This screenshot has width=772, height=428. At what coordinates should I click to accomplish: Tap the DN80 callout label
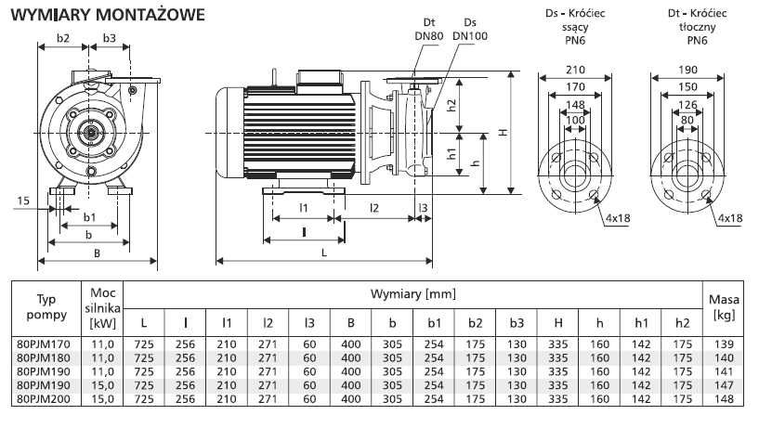[x=429, y=36]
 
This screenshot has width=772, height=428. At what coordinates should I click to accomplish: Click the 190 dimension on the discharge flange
[x=688, y=70]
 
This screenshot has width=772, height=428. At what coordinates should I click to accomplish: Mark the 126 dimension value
[x=688, y=104]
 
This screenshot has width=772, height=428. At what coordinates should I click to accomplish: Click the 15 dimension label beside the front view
[x=23, y=200]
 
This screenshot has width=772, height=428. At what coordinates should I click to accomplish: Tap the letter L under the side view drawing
[x=322, y=253]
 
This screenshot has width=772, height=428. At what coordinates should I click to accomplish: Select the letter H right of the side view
[x=503, y=132]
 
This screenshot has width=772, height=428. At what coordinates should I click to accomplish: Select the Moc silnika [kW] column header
[x=102, y=307]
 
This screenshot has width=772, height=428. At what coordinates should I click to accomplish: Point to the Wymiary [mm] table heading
[x=413, y=293]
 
